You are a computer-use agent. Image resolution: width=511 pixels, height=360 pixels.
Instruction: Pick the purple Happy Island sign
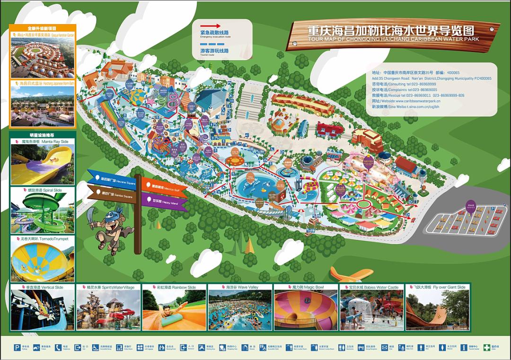point(164,201)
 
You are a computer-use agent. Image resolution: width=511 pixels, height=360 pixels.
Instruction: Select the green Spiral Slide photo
point(43,213)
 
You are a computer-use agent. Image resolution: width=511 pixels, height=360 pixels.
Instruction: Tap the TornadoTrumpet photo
point(43,261)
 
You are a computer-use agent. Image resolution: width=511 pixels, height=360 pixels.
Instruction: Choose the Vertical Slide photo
point(43,310)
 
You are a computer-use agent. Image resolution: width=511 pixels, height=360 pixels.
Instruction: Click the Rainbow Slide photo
point(174,310)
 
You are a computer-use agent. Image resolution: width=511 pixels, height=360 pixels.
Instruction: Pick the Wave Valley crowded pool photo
point(240,310)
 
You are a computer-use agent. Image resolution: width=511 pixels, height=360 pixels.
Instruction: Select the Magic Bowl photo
point(306,310)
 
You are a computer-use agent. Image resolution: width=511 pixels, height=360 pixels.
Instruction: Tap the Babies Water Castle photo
point(371,310)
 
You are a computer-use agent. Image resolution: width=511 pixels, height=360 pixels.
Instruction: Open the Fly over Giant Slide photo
point(437,310)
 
